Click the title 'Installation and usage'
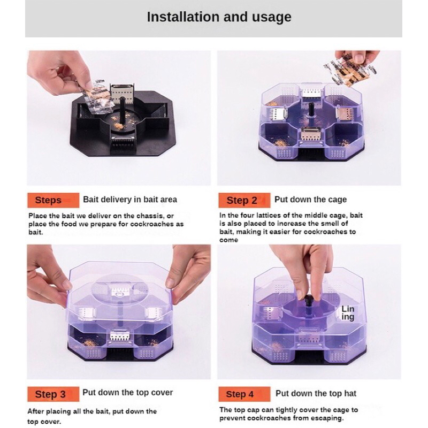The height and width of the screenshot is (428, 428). pos(219,17)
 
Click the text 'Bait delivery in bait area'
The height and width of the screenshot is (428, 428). pos(130,200)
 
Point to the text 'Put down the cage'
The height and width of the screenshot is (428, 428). pos(310,200)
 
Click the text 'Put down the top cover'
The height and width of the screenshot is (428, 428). pos(127,393)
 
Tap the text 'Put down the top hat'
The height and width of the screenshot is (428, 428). pos(316,393)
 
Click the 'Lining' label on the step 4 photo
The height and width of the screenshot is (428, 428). pos(348,313)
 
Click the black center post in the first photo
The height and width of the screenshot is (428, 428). pos(123,110)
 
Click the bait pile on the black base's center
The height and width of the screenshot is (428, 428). pos(118,126)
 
